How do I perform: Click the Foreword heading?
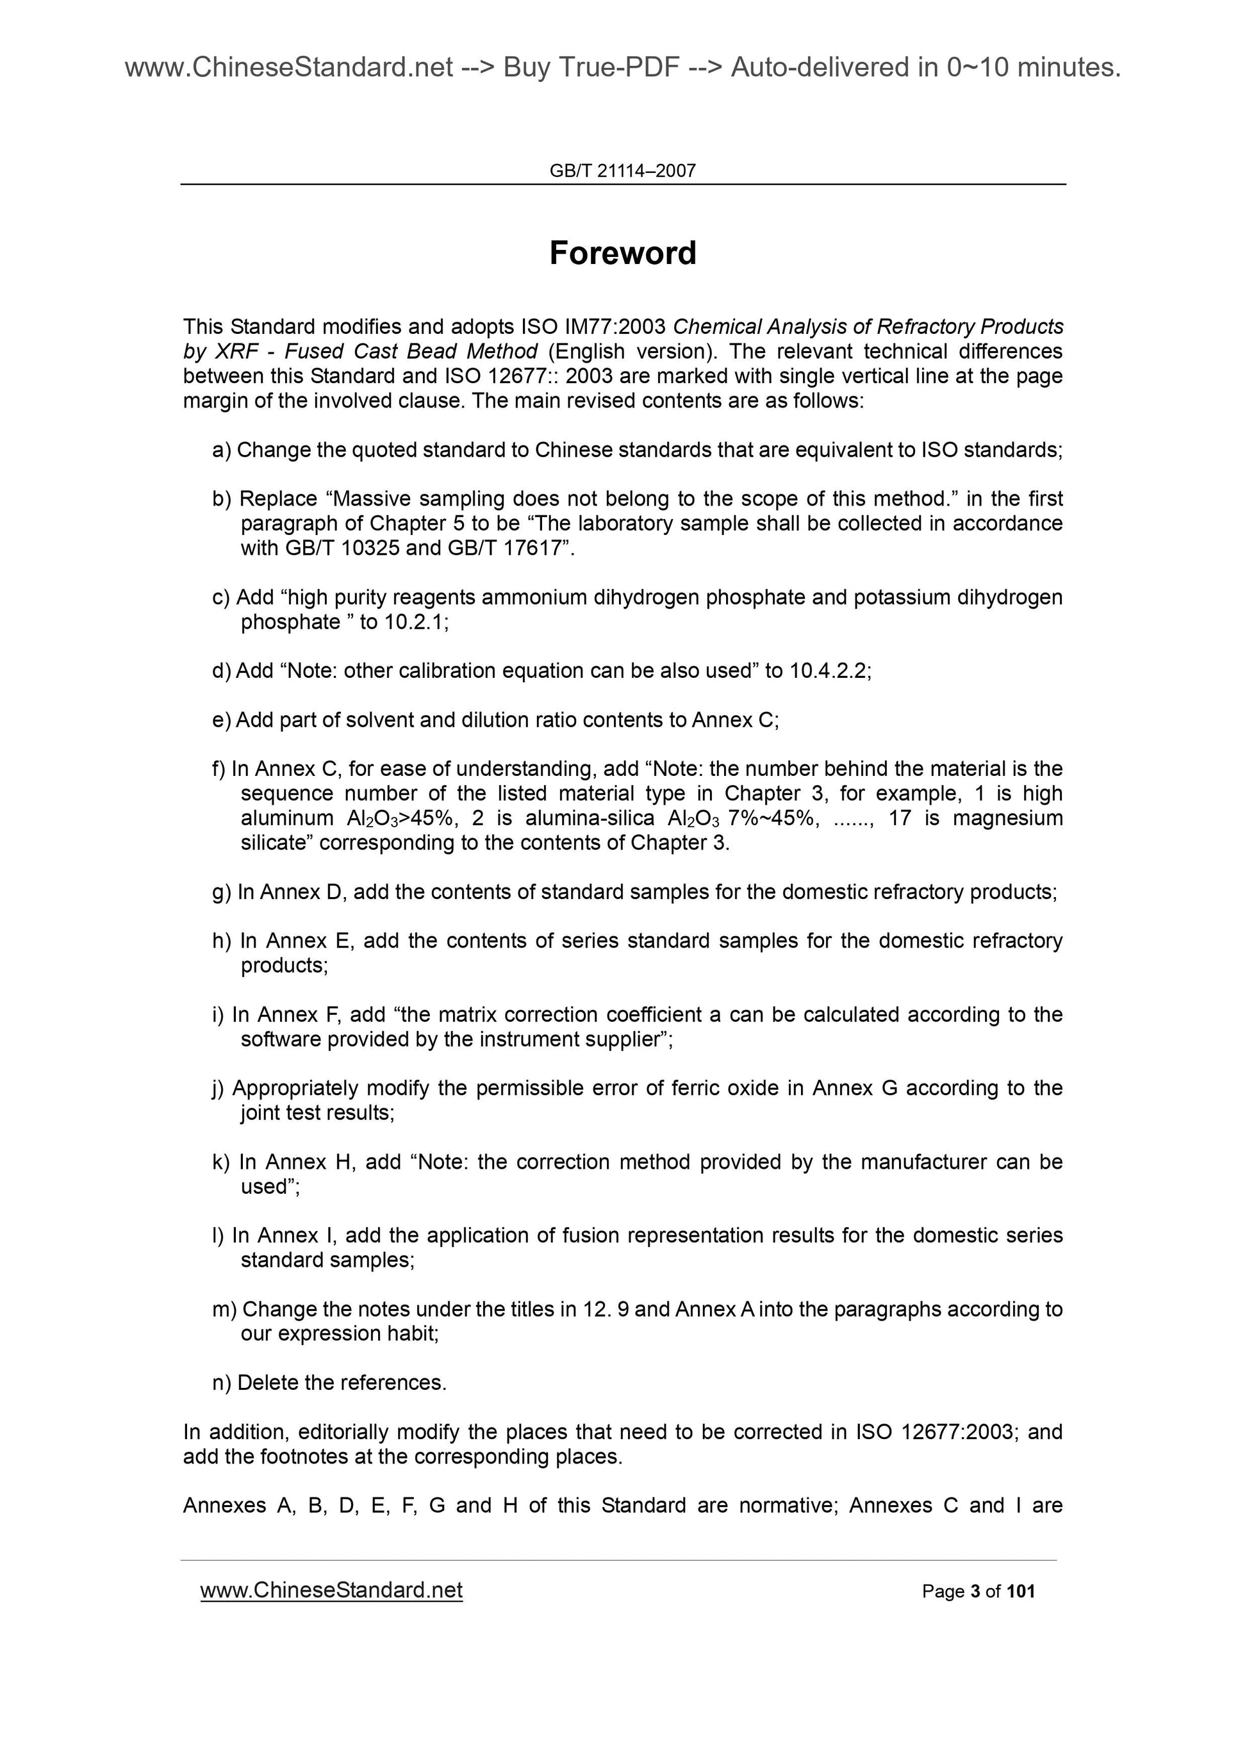[x=622, y=252]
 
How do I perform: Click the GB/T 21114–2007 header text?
[x=622, y=170]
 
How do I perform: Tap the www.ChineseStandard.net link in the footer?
[x=331, y=1590]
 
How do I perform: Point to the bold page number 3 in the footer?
[x=975, y=1591]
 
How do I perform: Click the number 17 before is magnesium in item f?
[x=900, y=818]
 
